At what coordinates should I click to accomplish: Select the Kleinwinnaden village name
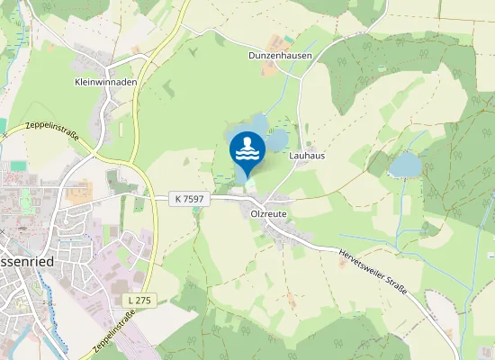click(106, 80)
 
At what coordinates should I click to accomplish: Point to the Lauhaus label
click(307, 155)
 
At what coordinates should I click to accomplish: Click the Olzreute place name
click(262, 214)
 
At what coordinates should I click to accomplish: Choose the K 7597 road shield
click(187, 198)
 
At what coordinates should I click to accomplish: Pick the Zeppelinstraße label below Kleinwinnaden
click(53, 133)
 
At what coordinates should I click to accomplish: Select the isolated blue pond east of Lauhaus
click(405, 164)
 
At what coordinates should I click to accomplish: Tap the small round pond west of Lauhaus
click(276, 139)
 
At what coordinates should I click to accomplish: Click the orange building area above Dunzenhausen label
click(288, 40)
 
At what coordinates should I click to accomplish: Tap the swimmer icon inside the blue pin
click(247, 148)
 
